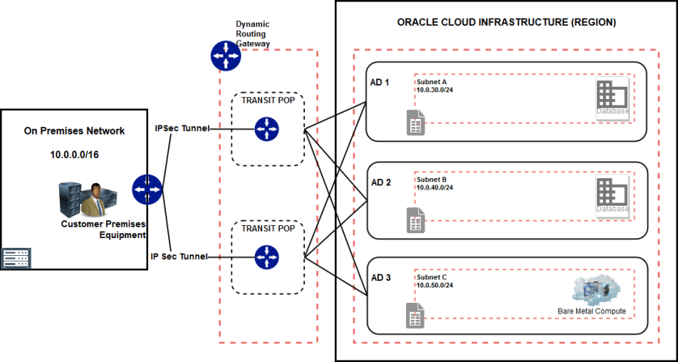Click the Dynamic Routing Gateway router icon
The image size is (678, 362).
pyautogui.click(x=226, y=55)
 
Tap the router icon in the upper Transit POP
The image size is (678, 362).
pyautogui.click(x=265, y=128)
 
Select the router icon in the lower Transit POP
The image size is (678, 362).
pyautogui.click(x=265, y=258)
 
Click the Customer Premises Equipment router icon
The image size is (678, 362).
pyautogui.click(x=148, y=190)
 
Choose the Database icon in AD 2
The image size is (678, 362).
pyautogui.click(x=612, y=197)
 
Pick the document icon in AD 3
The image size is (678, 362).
pyautogui.click(x=415, y=317)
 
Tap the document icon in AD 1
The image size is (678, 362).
pyautogui.click(x=415, y=123)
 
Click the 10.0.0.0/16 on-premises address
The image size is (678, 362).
pyautogui.click(x=74, y=152)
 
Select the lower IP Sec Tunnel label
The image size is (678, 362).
pyautogui.click(x=179, y=257)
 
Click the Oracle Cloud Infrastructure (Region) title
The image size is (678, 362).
pyautogui.click(x=506, y=23)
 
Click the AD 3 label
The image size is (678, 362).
pyautogui.click(x=379, y=278)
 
